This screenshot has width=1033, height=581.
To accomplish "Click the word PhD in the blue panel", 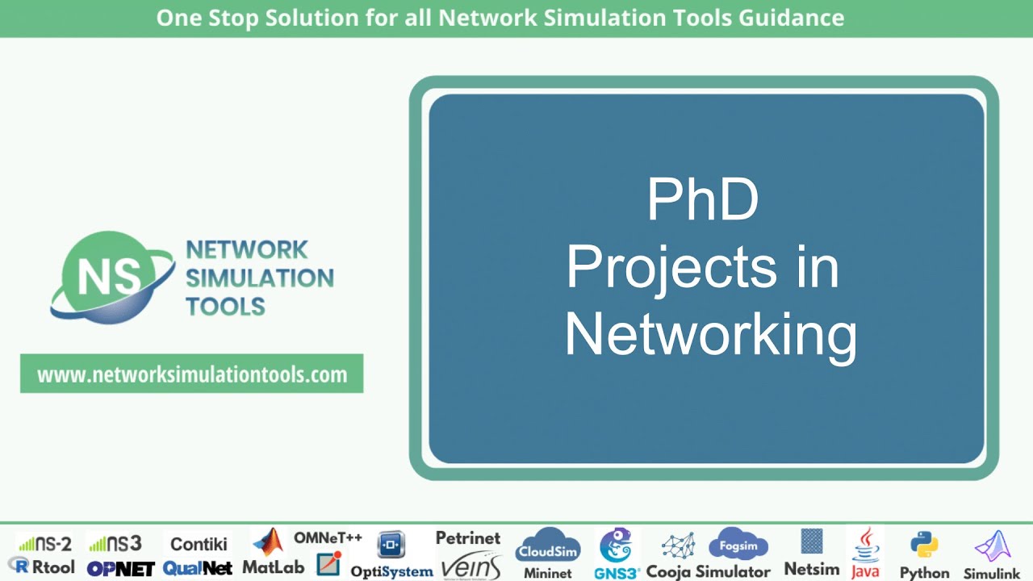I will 703,201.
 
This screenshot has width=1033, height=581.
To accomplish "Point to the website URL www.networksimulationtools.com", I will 192,374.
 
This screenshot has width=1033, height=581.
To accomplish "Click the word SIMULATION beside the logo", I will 259,278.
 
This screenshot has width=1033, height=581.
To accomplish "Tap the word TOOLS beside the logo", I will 225,307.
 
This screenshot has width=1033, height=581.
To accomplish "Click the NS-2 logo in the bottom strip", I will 45,544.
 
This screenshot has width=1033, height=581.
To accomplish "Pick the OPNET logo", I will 120,568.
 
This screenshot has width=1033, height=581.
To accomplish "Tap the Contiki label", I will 199,544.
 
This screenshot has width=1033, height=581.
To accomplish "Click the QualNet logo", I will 198,568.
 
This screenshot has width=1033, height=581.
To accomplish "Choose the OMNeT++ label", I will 328,537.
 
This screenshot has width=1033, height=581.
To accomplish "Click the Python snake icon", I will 924,545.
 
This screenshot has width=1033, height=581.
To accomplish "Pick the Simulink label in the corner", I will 992,574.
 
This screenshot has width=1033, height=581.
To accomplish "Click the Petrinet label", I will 468,537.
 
